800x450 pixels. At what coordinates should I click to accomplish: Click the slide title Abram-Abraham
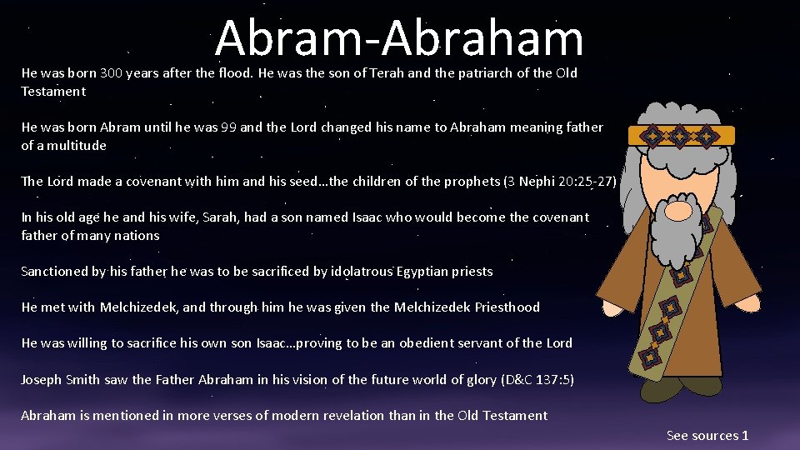399,39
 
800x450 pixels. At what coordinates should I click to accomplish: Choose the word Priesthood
507,307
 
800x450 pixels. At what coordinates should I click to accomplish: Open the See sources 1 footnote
707,436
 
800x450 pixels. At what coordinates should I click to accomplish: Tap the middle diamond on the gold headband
681,135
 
